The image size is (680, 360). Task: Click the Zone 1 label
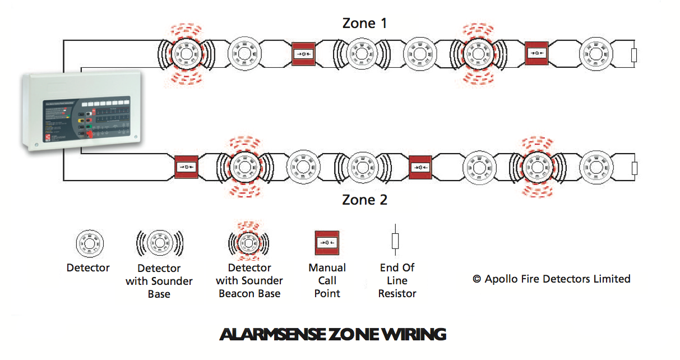point(364,24)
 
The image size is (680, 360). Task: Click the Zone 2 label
point(364,200)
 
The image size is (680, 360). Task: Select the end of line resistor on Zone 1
point(634,54)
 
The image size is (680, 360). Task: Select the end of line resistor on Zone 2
point(634,168)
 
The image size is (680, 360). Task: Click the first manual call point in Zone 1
point(303,54)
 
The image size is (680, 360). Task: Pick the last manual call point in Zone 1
point(536,54)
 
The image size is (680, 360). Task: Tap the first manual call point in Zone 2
point(187,167)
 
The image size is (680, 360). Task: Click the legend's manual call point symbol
point(327,243)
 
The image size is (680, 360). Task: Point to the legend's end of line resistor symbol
point(395,241)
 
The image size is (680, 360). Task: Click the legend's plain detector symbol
point(89,243)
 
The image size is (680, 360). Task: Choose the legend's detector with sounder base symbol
point(159,243)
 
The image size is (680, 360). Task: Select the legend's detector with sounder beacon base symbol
point(248,243)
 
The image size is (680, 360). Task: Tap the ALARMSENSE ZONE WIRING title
point(333,335)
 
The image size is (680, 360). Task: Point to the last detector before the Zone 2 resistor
point(595,167)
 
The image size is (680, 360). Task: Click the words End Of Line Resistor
point(397,280)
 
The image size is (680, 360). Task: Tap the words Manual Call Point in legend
point(327,280)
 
